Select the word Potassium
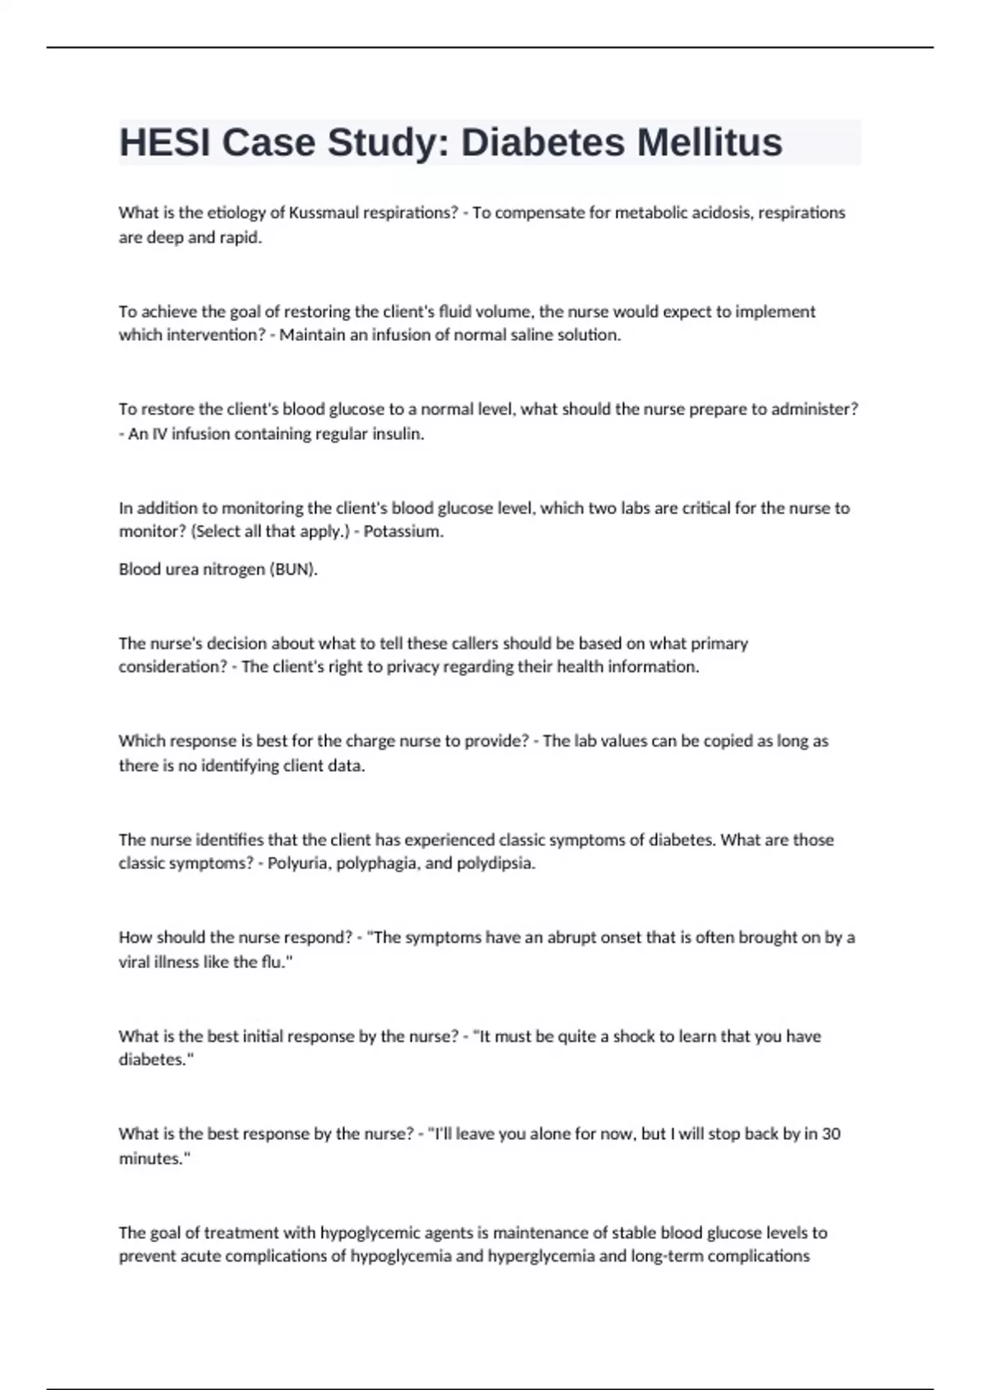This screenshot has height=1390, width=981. coord(402,531)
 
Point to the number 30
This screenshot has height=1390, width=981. coord(831,1134)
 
